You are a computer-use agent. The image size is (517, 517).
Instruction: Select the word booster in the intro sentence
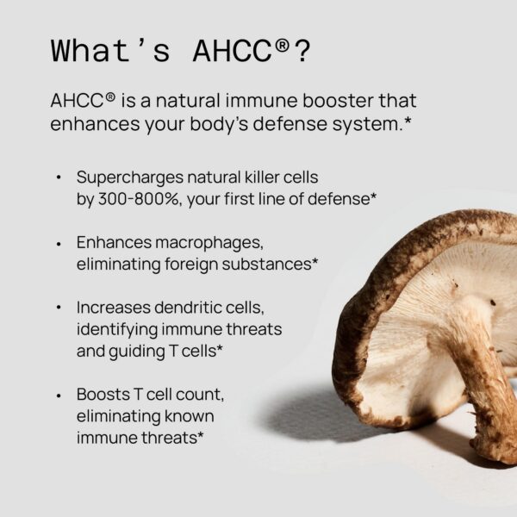pos(311,101)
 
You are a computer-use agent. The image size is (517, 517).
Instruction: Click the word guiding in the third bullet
pos(134,351)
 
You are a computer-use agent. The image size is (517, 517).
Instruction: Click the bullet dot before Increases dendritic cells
pos(59,308)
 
